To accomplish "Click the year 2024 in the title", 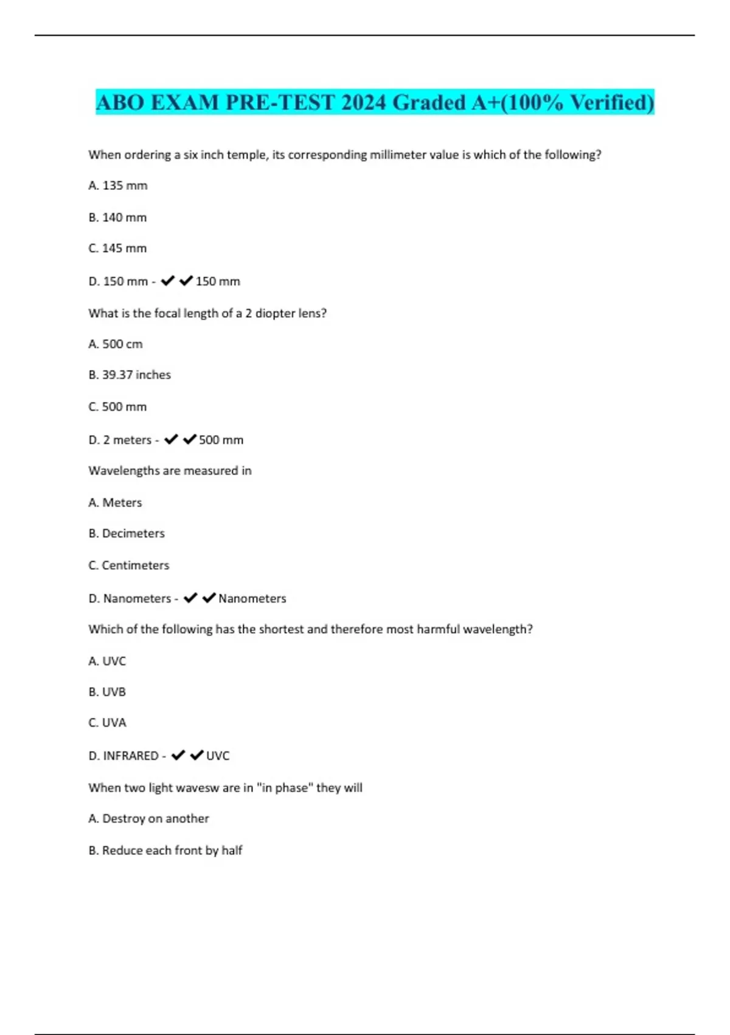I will (363, 102).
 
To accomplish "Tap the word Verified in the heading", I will (609, 102).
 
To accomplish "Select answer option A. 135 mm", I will (118, 186).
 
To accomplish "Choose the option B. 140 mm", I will (118, 217).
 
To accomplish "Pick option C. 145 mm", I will (118, 248).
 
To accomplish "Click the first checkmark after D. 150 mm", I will (168, 281).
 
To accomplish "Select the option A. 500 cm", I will (116, 344).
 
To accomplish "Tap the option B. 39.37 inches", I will (130, 375).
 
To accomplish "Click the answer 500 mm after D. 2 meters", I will (221, 440).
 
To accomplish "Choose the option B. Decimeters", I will (127, 533).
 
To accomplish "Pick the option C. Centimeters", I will (129, 566).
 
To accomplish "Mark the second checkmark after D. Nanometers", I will (209, 598).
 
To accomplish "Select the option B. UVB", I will (107, 692).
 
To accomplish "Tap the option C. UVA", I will (107, 723).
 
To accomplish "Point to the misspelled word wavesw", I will (197, 788).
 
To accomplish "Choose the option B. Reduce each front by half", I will (165, 851).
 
